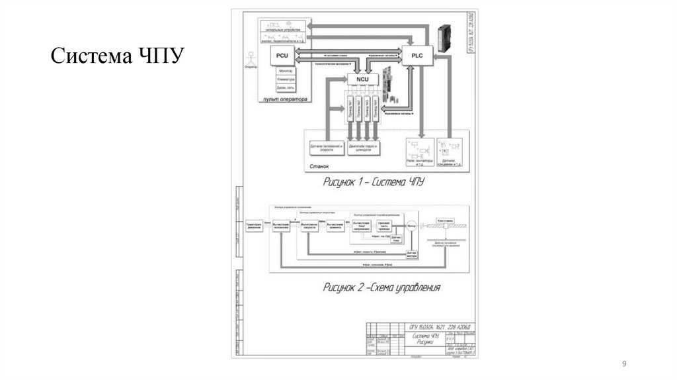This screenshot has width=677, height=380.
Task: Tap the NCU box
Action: [362, 79]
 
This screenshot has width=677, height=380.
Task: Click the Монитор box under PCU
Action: [286, 71]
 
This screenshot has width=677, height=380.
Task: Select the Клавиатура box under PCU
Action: [286, 79]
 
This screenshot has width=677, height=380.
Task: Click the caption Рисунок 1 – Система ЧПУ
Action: [373, 181]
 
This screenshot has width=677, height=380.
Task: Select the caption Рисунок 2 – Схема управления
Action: [381, 287]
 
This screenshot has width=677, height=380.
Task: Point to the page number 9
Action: [623, 365]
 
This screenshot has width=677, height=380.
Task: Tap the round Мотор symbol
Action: [411, 225]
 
